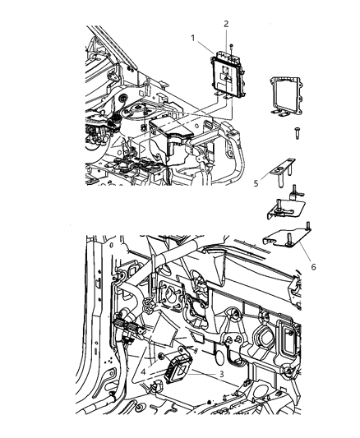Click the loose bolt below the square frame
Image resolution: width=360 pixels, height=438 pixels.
coord(293,131)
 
